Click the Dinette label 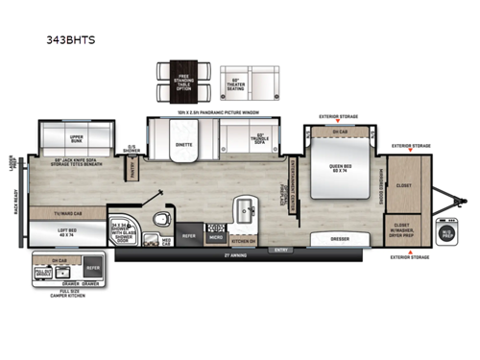click(x=183, y=146)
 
